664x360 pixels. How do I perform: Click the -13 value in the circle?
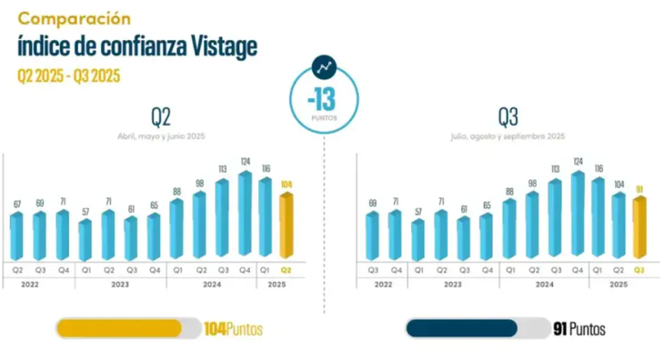(x=324, y=101)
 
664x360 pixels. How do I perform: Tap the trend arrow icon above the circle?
(x=324, y=66)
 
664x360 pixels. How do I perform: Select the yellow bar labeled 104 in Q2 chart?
(x=286, y=227)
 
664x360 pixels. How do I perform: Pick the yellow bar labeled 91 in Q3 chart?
(x=639, y=227)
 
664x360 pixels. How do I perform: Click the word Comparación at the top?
(x=75, y=18)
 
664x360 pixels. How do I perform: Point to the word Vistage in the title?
(x=220, y=45)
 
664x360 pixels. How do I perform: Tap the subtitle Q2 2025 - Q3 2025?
(x=69, y=75)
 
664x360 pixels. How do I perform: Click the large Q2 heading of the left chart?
(x=161, y=115)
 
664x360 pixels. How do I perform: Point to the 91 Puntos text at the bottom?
(x=578, y=329)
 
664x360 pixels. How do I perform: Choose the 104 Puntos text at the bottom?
(x=233, y=329)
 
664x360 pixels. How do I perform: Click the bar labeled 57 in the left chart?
(x=85, y=240)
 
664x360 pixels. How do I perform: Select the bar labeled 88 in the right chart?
(x=508, y=229)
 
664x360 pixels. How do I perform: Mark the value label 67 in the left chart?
(x=16, y=203)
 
